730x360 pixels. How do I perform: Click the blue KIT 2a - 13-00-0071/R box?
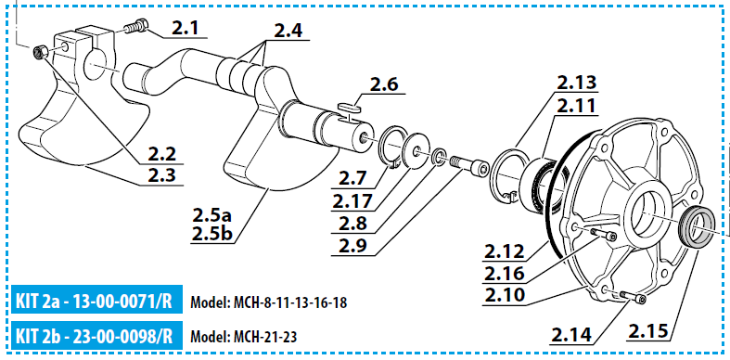point(95,302)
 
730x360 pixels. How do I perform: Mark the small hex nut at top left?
point(41,50)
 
